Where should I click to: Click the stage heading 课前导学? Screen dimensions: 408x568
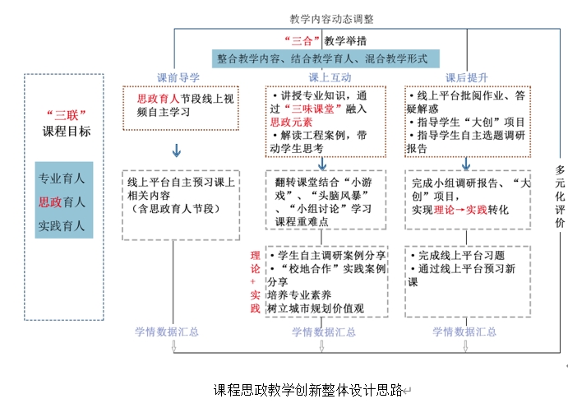[x=178, y=77]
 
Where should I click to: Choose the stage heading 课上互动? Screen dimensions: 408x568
[x=325, y=77]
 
